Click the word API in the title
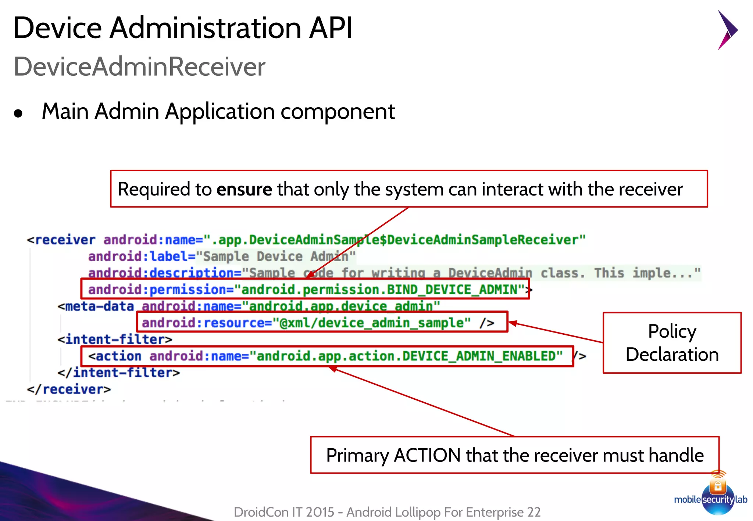[x=331, y=28]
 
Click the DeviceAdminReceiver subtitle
[x=139, y=67]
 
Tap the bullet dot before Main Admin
[x=18, y=114]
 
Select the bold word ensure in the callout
[x=244, y=190]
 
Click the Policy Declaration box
[x=672, y=342]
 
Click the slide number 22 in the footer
[x=533, y=512]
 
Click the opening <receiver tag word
[x=61, y=240]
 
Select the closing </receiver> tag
[x=69, y=389]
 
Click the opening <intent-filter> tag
[x=115, y=339]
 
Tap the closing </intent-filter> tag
[x=118, y=373]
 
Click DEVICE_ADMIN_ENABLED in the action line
[x=482, y=356]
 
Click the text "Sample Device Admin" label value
[x=276, y=256]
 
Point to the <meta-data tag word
[x=96, y=306]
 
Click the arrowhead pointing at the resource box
[x=513, y=323]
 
